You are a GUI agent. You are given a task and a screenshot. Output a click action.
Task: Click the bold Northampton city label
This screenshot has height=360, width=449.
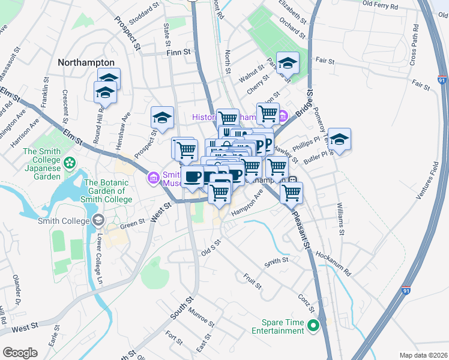pos(86,62)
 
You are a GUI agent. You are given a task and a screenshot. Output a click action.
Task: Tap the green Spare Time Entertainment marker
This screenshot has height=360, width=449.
pos(313,326)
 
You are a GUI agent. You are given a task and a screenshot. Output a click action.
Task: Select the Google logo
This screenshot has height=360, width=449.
pos(20,352)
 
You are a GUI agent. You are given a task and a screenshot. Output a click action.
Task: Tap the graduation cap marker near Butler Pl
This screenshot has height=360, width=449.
pos(339,140)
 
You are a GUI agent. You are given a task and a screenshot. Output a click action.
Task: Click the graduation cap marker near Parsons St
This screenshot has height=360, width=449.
pos(288,64)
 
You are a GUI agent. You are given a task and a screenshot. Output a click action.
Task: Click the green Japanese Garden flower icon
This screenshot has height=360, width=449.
pos(70,162)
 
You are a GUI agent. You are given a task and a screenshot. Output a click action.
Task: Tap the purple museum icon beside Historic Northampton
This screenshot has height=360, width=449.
pos(283,116)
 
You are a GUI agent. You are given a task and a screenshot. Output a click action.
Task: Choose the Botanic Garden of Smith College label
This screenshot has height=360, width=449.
pos(108,191)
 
